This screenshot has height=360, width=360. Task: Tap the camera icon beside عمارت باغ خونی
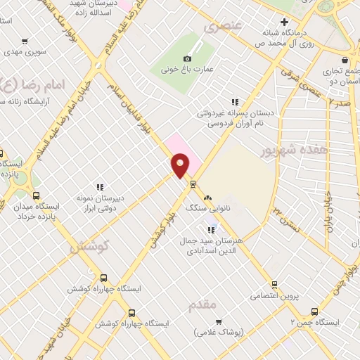point(187,59)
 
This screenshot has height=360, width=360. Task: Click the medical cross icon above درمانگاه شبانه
point(283,22)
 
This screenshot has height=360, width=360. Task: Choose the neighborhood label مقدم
point(203,304)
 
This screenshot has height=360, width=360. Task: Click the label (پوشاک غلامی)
point(219,332)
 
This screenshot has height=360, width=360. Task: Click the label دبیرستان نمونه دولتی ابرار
point(99,202)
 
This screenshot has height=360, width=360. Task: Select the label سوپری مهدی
point(25,52)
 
